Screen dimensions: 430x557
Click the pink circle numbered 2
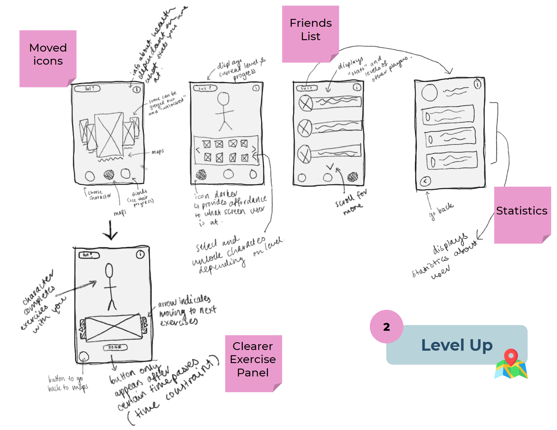tap(386, 326)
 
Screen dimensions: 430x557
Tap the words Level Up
tap(456, 345)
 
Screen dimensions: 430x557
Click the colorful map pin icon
tap(511, 364)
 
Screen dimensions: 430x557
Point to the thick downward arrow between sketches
tap(110, 230)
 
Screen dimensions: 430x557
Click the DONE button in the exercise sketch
tap(115, 347)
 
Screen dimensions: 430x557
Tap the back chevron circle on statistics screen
tap(425, 181)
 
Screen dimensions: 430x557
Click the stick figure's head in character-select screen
tap(224, 98)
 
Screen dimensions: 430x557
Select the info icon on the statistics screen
tap(477, 84)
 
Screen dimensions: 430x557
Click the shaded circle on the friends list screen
tap(352, 177)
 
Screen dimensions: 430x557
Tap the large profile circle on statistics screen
tap(429, 92)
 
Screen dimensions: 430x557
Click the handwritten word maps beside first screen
tap(158, 152)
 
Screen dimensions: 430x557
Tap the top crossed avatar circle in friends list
tap(306, 104)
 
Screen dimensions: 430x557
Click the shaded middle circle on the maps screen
tap(109, 175)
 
